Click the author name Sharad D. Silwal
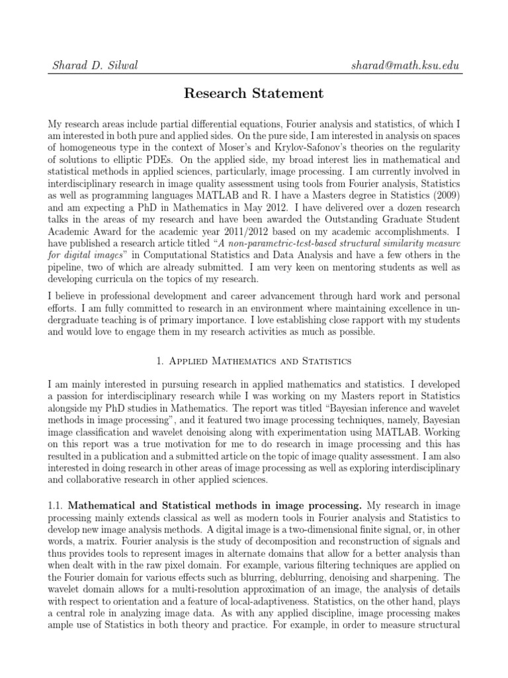95,65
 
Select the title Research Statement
254,93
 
